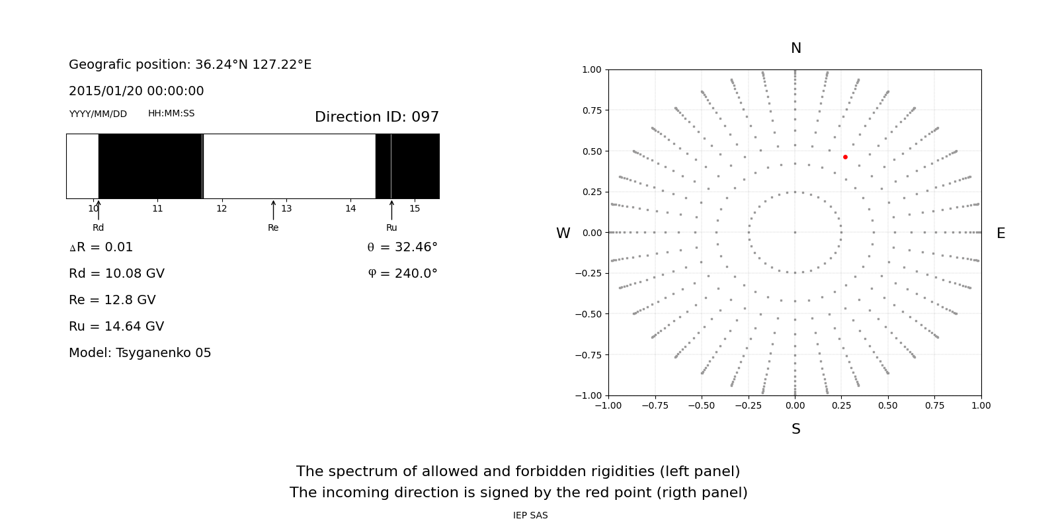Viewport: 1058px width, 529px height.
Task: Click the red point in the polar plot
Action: click(845, 157)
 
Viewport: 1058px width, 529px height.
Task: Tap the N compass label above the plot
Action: click(795, 48)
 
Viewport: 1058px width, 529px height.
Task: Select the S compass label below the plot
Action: click(795, 429)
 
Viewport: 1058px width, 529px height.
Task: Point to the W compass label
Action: click(563, 233)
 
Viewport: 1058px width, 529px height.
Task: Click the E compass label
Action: click(1000, 233)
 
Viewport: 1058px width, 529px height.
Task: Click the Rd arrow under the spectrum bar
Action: click(99, 210)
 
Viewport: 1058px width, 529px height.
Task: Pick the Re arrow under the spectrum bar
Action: click(273, 210)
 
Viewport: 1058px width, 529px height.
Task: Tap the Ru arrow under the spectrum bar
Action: click(391, 210)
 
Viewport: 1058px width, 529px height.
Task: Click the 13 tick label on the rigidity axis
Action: click(286, 209)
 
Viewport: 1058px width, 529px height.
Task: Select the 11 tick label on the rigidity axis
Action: click(157, 209)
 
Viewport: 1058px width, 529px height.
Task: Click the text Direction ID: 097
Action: click(376, 117)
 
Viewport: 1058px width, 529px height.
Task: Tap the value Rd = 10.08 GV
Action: click(116, 274)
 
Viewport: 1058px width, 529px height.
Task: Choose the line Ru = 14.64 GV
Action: click(116, 327)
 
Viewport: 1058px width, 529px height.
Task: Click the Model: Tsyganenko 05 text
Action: click(140, 353)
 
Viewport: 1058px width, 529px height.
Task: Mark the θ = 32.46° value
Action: click(402, 247)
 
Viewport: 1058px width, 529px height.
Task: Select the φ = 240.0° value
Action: click(402, 274)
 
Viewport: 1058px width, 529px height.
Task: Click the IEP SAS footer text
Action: click(530, 516)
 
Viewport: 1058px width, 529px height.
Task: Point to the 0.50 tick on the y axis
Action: click(592, 151)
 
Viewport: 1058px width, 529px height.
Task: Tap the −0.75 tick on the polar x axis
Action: click(654, 405)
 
